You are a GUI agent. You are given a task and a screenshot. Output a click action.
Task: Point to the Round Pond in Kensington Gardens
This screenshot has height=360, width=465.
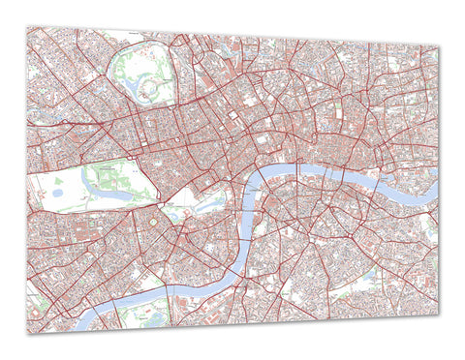(55, 191)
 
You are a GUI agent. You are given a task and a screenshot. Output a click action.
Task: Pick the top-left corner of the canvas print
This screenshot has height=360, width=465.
(28, 26)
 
